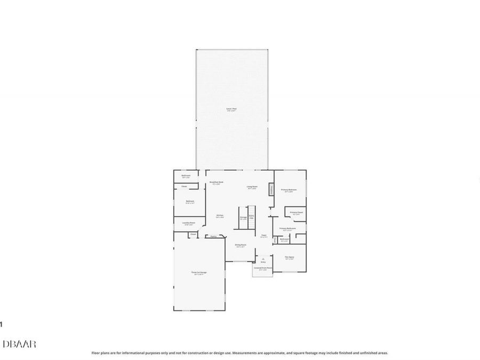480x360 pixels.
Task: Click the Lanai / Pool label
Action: point(231,109)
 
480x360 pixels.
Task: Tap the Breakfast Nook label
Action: point(216,182)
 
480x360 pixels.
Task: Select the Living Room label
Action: point(252,187)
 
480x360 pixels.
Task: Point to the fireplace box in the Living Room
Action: point(271,189)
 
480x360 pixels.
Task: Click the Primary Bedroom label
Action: point(289,190)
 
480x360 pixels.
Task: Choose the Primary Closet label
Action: point(297,213)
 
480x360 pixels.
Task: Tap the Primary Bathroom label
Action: point(287,229)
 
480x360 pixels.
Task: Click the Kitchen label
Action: point(220,215)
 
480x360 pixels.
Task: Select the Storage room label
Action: point(243,218)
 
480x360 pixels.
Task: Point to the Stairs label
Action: point(251,217)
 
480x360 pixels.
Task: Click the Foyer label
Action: point(263,235)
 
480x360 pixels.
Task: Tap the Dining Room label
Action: point(241,245)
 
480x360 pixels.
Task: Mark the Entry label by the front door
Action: point(263,262)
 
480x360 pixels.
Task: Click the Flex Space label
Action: point(290,257)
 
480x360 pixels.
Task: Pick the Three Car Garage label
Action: point(199,273)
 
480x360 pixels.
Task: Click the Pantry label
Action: point(213,236)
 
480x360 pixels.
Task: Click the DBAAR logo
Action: point(19,344)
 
